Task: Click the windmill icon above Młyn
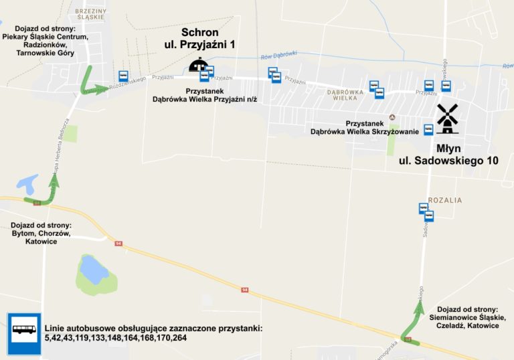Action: [447, 118]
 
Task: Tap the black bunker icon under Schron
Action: [197, 65]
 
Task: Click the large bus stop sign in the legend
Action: [24, 333]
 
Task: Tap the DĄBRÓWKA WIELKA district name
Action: [345, 94]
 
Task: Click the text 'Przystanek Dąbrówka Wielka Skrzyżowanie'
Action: [364, 127]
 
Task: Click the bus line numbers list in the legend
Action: [153, 333]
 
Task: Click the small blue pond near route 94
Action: [27, 182]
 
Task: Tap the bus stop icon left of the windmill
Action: [428, 130]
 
